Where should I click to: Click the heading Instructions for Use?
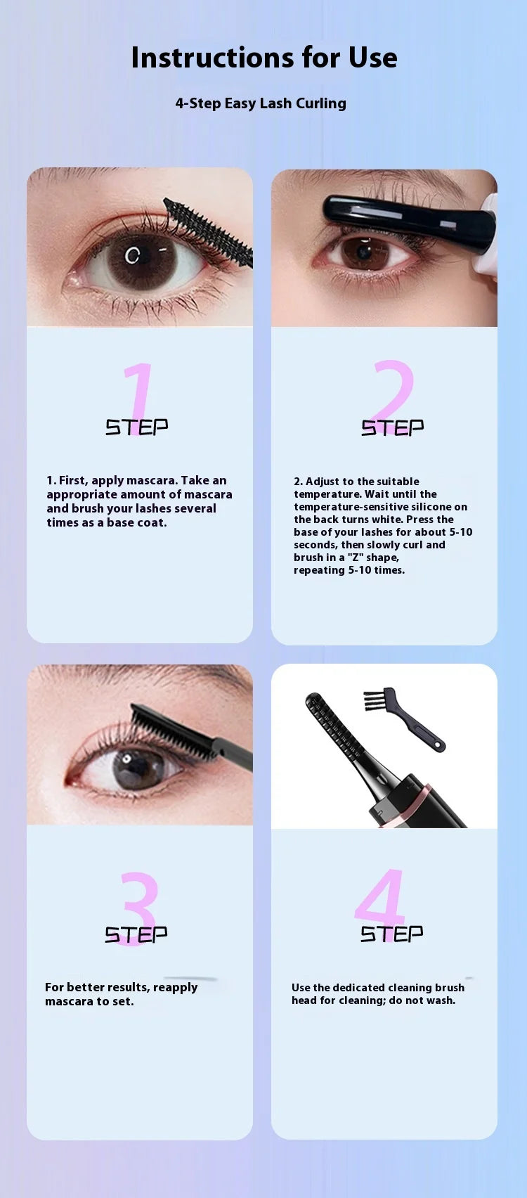(264, 58)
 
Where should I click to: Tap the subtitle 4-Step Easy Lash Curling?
(261, 103)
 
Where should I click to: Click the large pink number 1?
(138, 399)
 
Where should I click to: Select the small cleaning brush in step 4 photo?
(405, 719)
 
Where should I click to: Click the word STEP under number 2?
(392, 427)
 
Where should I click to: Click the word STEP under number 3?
(136, 934)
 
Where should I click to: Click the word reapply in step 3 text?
(175, 988)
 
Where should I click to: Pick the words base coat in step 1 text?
(136, 522)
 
